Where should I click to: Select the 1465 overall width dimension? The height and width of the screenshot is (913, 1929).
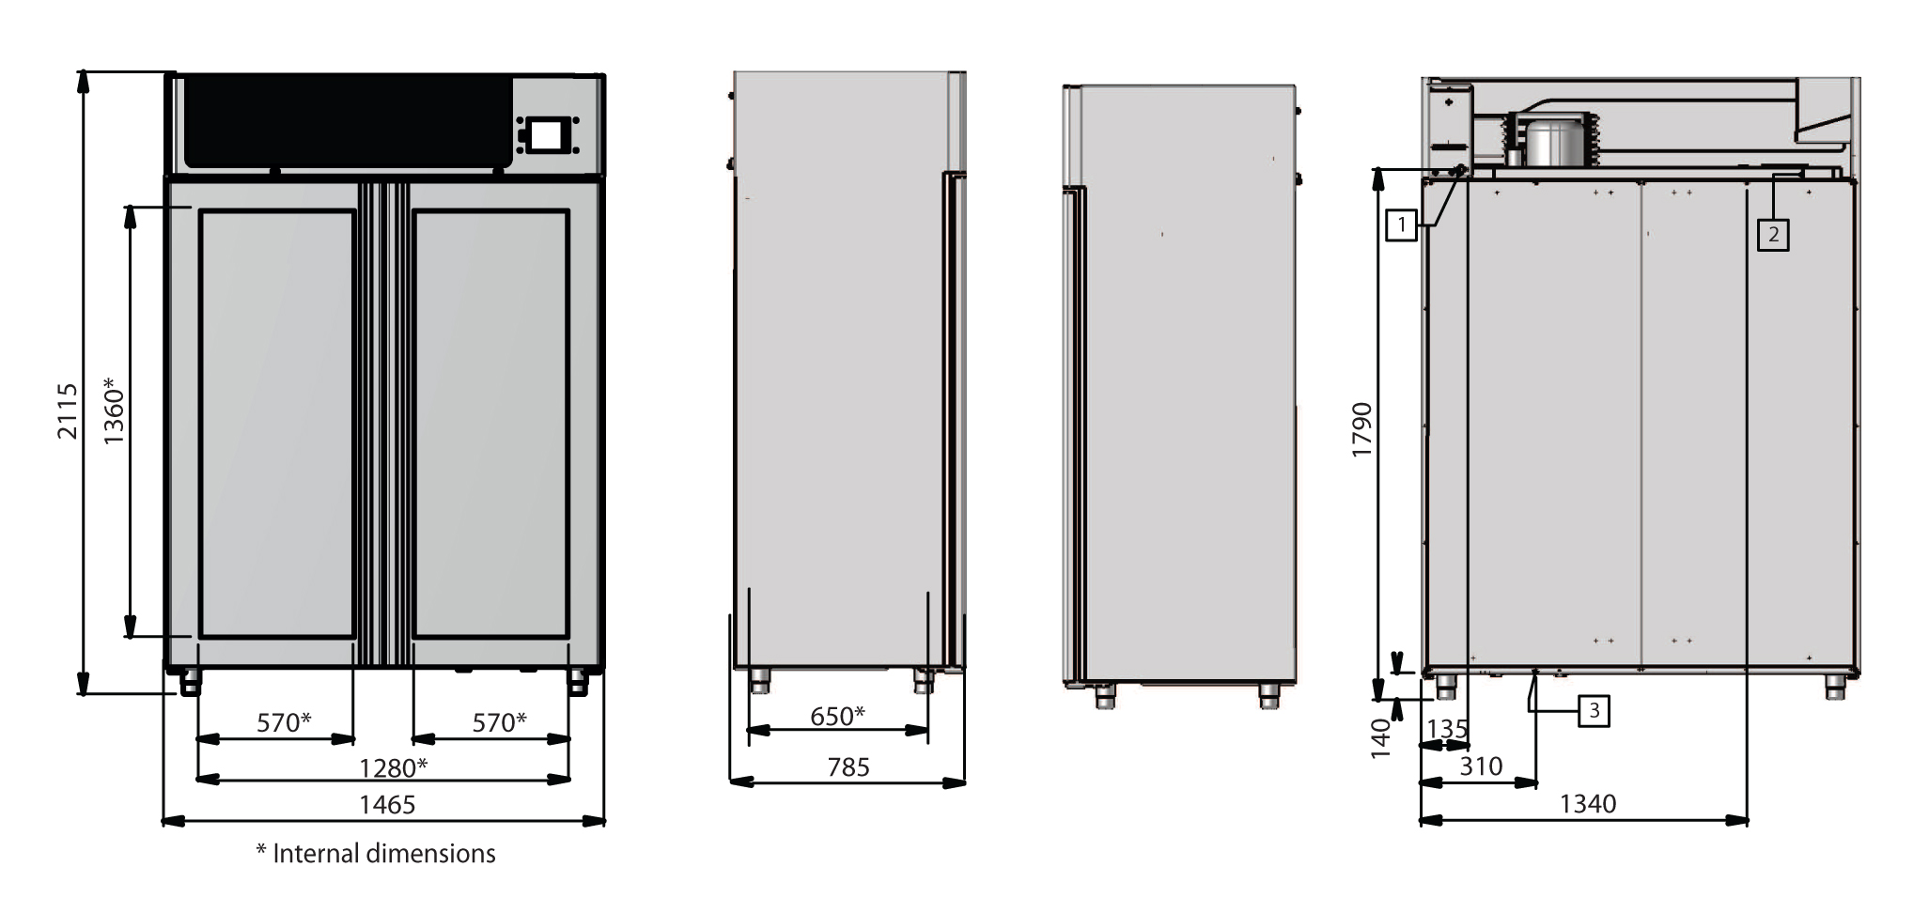(388, 804)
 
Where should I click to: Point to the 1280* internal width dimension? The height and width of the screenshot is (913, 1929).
(395, 767)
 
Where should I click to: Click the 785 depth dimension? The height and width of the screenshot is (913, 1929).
(848, 767)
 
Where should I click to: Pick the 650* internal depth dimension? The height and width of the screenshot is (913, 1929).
(837, 716)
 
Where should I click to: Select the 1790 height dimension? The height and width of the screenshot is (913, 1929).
(1362, 430)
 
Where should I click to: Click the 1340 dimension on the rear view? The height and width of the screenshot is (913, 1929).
(1588, 804)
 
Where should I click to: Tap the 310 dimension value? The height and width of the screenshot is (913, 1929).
(1481, 766)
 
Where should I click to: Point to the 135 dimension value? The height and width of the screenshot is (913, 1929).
(1447, 729)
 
